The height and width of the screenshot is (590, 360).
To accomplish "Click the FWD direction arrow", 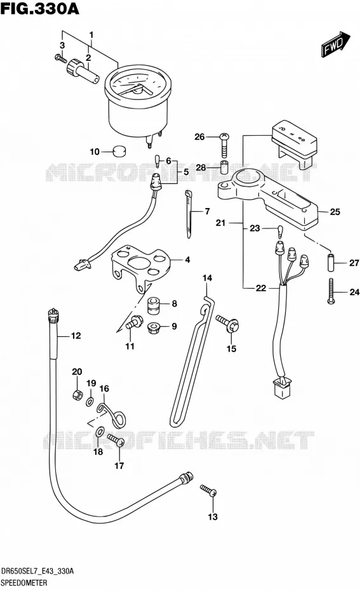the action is pyautogui.click(x=335, y=44).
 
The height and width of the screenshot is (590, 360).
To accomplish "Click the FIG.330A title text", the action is pyautogui.click(x=40, y=8).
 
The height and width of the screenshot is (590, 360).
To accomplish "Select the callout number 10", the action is pyautogui.click(x=95, y=152).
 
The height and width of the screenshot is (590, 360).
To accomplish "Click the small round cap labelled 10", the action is pyautogui.click(x=119, y=151).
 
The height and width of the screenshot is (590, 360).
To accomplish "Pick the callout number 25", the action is pyautogui.click(x=335, y=212).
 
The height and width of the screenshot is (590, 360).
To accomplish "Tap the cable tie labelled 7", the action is pyautogui.click(x=189, y=214).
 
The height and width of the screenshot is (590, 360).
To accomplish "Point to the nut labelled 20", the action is pyautogui.click(x=77, y=395).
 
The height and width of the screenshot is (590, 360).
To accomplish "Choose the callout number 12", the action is pyautogui.click(x=76, y=336).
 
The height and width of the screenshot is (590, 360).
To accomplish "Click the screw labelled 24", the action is pyautogui.click(x=331, y=291).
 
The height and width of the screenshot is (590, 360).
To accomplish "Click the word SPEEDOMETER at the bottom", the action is pyautogui.click(x=24, y=583).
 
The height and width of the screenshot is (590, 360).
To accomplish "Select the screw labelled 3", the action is pyautogui.click(x=60, y=59).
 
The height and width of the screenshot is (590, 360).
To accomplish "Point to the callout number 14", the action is pyautogui.click(x=207, y=278).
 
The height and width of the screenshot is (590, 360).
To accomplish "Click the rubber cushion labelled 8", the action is pyautogui.click(x=153, y=305).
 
